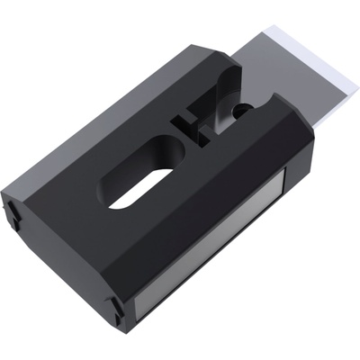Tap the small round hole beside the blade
240,108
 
